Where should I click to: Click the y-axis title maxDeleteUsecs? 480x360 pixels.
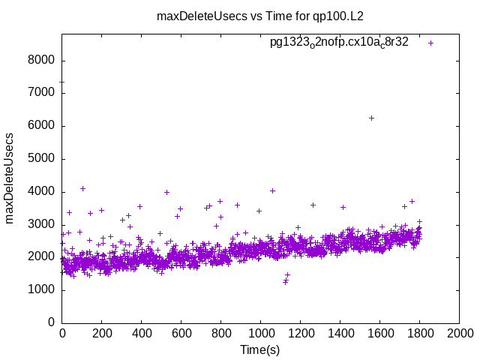click(x=10, y=178)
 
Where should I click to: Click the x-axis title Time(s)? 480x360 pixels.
click(x=260, y=349)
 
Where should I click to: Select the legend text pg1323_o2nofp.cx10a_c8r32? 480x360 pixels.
click(x=339, y=43)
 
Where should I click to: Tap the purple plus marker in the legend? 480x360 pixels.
click(x=430, y=43)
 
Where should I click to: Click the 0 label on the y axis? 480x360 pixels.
click(x=51, y=322)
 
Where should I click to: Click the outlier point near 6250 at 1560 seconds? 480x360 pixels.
click(x=371, y=118)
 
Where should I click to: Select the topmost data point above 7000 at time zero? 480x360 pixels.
click(x=62, y=82)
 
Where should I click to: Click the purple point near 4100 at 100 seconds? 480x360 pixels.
click(x=82, y=188)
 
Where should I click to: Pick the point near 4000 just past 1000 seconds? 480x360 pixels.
click(x=272, y=190)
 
